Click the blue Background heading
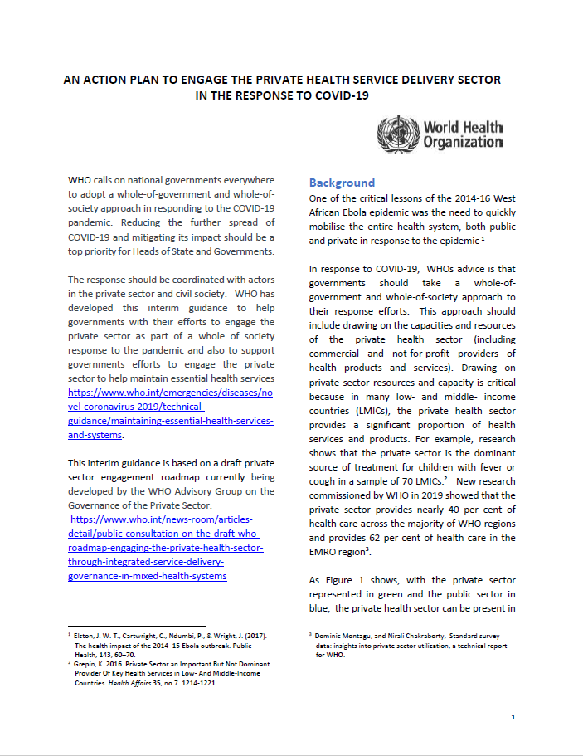coord(342,183)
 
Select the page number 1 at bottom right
coord(513,717)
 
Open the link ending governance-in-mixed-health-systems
coord(147,576)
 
